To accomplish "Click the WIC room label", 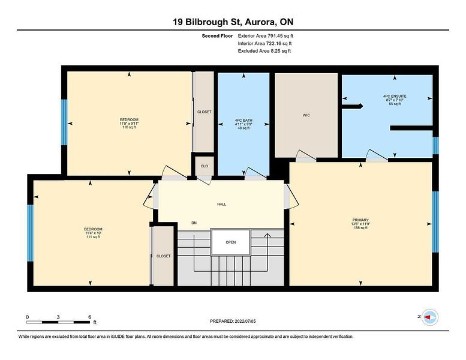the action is pyautogui.click(x=306, y=115).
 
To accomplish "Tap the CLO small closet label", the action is pyautogui.click(x=205, y=166).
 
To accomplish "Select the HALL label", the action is pyautogui.click(x=221, y=204).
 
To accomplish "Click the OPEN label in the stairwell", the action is pyautogui.click(x=231, y=242).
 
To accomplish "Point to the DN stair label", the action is pyautogui.click(x=194, y=223).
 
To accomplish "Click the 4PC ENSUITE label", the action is pyautogui.click(x=395, y=97).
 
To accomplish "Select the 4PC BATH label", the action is pyautogui.click(x=243, y=121).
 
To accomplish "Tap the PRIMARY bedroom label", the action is pyautogui.click(x=360, y=220).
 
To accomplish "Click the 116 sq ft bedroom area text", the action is pyautogui.click(x=129, y=127).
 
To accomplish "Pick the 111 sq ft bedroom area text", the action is pyautogui.click(x=93, y=237).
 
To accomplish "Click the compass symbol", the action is pyautogui.click(x=430, y=317).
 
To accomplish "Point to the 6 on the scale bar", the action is pyautogui.click(x=90, y=317).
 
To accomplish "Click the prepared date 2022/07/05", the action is pyautogui.click(x=245, y=322).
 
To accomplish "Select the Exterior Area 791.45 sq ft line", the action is pyautogui.click(x=266, y=36).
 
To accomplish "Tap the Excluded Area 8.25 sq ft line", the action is pyautogui.click(x=264, y=51).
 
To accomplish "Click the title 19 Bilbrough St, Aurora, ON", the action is pyautogui.click(x=233, y=22).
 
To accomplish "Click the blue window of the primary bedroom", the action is pyautogui.click(x=435, y=222).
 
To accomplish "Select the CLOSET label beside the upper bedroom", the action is pyautogui.click(x=204, y=112).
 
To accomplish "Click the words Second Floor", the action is pyautogui.click(x=217, y=36).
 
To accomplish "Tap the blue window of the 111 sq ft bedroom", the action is pyautogui.click(x=31, y=233).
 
